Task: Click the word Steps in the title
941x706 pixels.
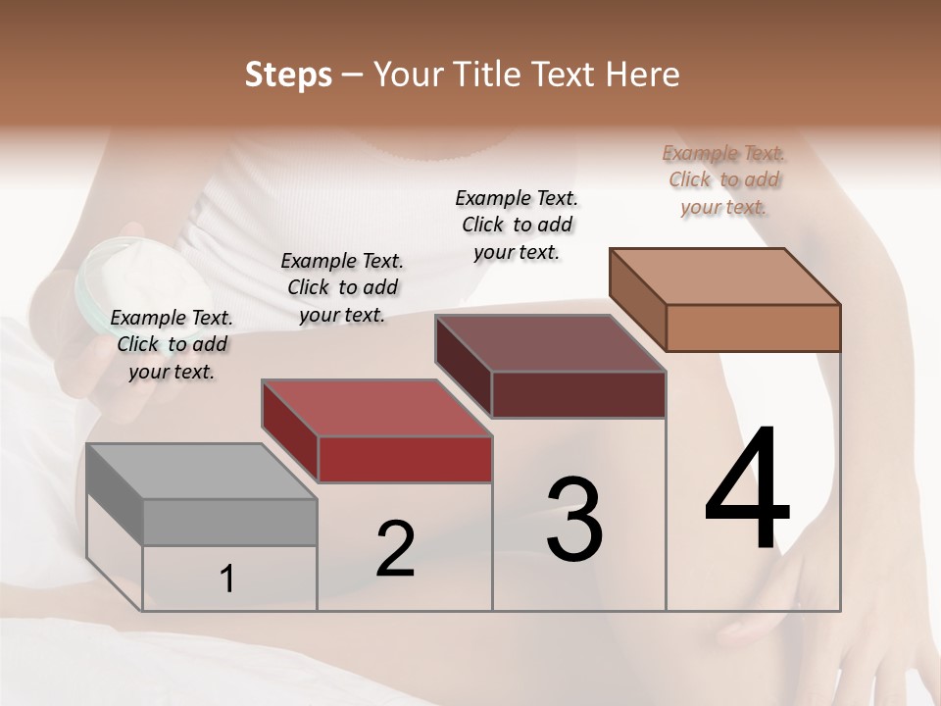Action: [x=288, y=75]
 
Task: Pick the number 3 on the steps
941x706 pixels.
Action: [x=573, y=520]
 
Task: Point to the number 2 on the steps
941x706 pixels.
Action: [x=395, y=549]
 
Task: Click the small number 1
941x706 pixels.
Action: [x=227, y=580]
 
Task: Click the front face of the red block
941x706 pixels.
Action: [x=405, y=459]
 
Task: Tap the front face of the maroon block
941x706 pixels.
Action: [x=578, y=394]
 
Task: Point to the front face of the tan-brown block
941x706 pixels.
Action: [x=753, y=328]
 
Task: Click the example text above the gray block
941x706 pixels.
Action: [x=172, y=344]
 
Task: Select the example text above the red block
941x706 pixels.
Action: [x=342, y=287]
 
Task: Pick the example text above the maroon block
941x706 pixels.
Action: [x=517, y=225]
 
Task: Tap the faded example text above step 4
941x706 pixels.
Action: [x=723, y=179]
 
